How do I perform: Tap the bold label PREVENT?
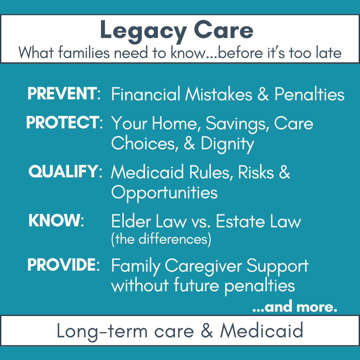pyautogui.click(x=62, y=93)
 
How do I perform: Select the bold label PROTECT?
pyautogui.click(x=62, y=122)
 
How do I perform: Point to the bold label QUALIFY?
pyautogui.click(x=63, y=171)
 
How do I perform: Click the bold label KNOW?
pyautogui.click(x=54, y=220)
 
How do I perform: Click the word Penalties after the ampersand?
pyautogui.click(x=309, y=94)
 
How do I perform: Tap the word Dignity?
pyautogui.click(x=228, y=144)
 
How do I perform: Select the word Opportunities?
pyautogui.click(x=164, y=193)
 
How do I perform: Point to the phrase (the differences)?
pyautogui.click(x=161, y=239)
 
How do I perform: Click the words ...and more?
pyautogui.click(x=295, y=307)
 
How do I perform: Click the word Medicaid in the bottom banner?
pyautogui.click(x=262, y=331)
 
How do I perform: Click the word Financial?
pyautogui.click(x=146, y=94)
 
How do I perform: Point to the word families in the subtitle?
pyautogui.click(x=84, y=52)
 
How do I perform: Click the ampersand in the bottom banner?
pyautogui.click(x=207, y=331)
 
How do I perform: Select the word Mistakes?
pyautogui.click(x=219, y=94)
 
